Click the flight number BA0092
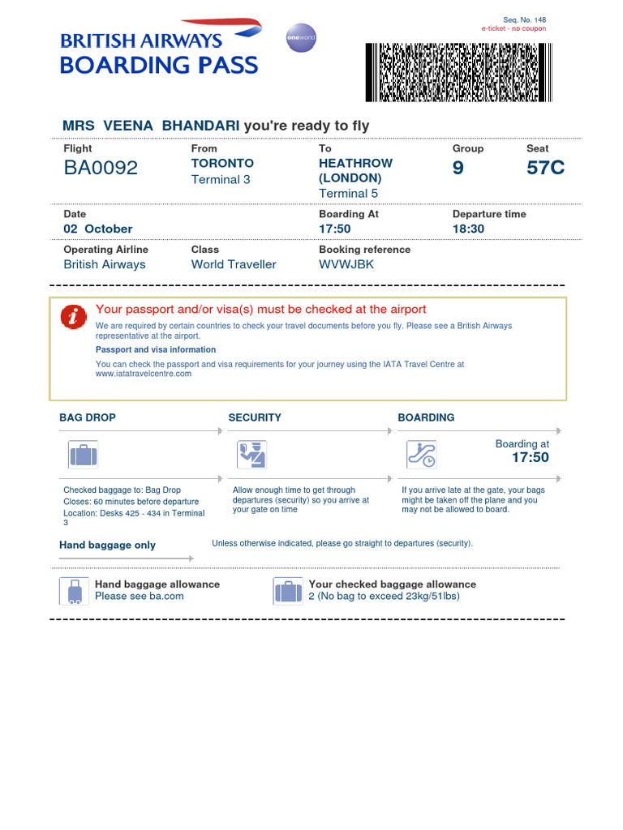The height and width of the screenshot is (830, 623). pyautogui.click(x=101, y=168)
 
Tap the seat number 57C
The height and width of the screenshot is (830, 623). pyautogui.click(x=545, y=168)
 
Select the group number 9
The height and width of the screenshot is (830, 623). pyautogui.click(x=458, y=168)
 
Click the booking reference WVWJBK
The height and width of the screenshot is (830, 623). pyautogui.click(x=346, y=264)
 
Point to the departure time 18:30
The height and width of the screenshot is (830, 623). pyautogui.click(x=468, y=229)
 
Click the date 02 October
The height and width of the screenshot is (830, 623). pyautogui.click(x=98, y=229)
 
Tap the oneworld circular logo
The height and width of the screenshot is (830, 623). pyautogui.click(x=301, y=38)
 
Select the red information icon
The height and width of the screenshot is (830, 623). pyautogui.click(x=73, y=318)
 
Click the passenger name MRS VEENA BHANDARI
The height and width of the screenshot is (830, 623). pyautogui.click(x=151, y=125)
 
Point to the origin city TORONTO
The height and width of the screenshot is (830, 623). pyautogui.click(x=222, y=163)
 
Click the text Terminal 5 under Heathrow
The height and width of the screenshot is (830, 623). pyautogui.click(x=349, y=193)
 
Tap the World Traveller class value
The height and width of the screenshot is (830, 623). pyautogui.click(x=234, y=264)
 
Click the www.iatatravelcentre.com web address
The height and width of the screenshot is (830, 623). pyautogui.click(x=144, y=374)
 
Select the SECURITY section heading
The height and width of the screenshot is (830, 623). pyautogui.click(x=255, y=417)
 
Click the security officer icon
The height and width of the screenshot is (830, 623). pyautogui.click(x=251, y=455)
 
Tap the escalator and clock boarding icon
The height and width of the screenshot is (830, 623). pyautogui.click(x=422, y=455)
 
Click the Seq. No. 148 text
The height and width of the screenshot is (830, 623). pyautogui.click(x=525, y=19)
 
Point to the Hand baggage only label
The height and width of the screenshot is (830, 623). pyautogui.click(x=107, y=545)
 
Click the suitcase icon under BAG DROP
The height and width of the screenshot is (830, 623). pyautogui.click(x=83, y=455)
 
